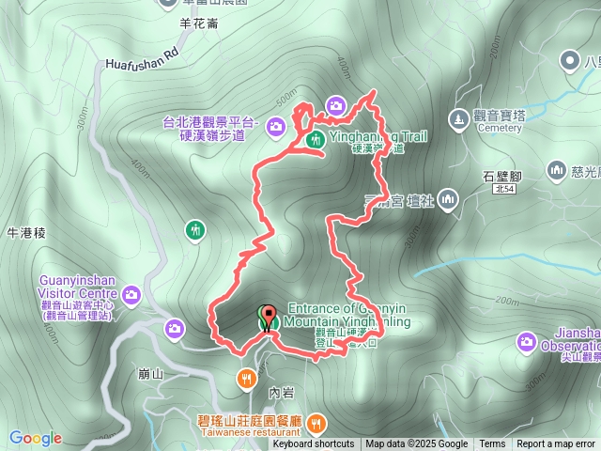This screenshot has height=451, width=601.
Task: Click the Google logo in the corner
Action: point(36,438)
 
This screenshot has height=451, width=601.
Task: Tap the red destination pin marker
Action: point(268,317)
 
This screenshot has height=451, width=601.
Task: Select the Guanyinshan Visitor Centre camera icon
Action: point(131,295)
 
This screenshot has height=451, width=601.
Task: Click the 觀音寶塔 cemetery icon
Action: point(458,118)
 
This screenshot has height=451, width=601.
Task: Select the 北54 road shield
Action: point(504,189)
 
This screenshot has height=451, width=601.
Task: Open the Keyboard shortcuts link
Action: point(314,444)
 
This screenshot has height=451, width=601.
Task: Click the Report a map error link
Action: point(555,444)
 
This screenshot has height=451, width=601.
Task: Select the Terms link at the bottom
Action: point(492,444)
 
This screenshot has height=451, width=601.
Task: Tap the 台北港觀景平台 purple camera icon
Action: point(275,125)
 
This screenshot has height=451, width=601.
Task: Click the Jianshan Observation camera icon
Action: point(526,340)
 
